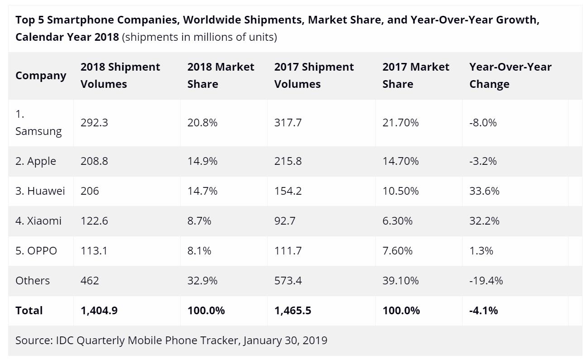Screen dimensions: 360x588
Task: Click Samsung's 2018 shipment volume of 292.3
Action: (x=94, y=123)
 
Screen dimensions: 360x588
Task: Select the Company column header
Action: (x=41, y=76)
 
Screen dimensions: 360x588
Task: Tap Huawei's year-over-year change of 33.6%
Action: (x=484, y=191)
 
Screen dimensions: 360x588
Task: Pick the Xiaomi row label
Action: (x=38, y=221)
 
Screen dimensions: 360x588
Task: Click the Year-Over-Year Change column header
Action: (x=510, y=76)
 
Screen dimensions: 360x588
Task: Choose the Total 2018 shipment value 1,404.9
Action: (x=99, y=311)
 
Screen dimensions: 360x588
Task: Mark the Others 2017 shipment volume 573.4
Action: (x=288, y=281)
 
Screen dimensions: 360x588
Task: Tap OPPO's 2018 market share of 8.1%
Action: (x=199, y=251)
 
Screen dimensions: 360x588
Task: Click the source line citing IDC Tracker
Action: (x=171, y=340)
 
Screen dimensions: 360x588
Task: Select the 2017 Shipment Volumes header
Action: (x=314, y=76)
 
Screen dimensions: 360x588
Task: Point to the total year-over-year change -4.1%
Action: (x=483, y=311)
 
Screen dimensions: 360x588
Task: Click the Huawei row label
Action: (x=40, y=191)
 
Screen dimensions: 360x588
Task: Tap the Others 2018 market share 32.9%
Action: (x=202, y=281)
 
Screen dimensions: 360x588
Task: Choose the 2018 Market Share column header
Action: (x=220, y=76)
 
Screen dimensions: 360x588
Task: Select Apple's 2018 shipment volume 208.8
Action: (x=94, y=161)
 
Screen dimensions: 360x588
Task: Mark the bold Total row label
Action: (x=29, y=311)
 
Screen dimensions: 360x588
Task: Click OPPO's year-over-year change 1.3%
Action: (x=481, y=251)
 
